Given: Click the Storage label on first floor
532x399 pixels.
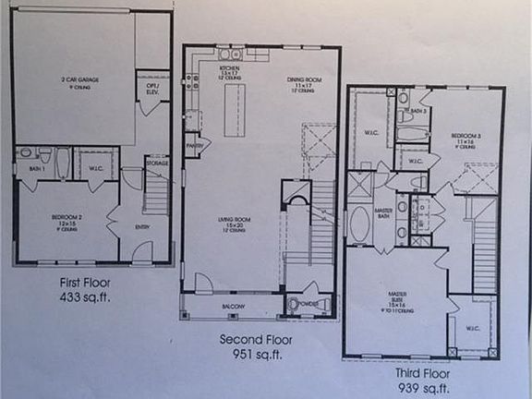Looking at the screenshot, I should [x=158, y=164].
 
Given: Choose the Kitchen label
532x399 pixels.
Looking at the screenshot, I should [x=229, y=68].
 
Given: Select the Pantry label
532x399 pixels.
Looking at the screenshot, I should [x=196, y=145].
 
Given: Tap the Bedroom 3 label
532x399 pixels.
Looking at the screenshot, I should [x=464, y=136].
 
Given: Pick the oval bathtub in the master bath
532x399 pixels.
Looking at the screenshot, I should [x=359, y=224].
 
